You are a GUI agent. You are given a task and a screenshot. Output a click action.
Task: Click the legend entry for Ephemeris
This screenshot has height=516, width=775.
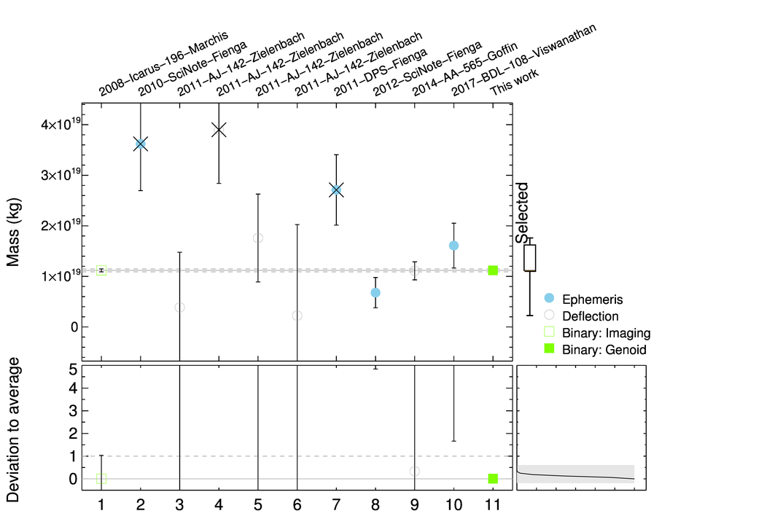pos(592,299)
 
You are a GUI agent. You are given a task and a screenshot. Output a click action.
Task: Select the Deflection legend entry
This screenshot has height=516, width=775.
pos(590,316)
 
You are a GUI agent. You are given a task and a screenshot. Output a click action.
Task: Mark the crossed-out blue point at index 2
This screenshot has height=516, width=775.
pos(141,144)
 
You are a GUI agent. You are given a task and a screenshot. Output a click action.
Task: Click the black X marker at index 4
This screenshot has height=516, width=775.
pos(219,130)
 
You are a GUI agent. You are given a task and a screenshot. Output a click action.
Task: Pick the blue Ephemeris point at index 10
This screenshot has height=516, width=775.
pos(453,246)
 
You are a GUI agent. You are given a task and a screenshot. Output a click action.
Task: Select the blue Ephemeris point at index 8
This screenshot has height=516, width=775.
pos(375,292)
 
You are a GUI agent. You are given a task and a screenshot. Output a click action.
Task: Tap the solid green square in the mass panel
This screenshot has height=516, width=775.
pos(493,270)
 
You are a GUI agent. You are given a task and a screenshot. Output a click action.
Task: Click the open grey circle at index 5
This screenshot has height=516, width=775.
pos(258,238)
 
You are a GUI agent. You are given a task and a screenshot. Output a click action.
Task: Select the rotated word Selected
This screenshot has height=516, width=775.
pos(521,212)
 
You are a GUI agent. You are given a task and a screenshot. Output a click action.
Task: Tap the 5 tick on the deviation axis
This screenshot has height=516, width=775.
pos(73,369)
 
